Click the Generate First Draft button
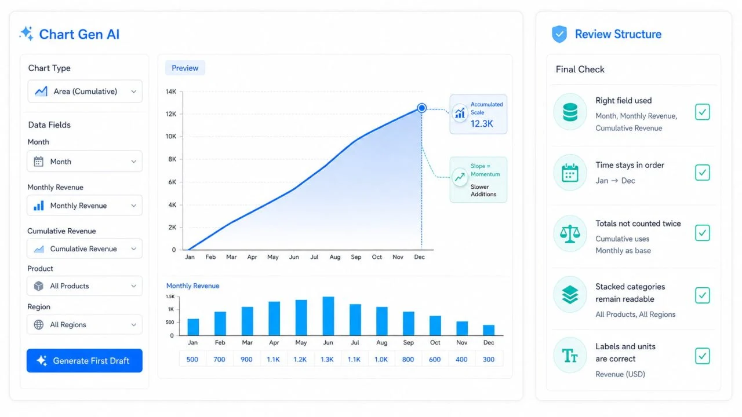tap(85, 360)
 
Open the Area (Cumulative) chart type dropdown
tap(85, 91)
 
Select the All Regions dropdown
tap(85, 324)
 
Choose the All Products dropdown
tap(85, 286)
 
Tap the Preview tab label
tap(185, 68)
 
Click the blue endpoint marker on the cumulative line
tap(421, 108)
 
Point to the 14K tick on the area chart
tap(171, 92)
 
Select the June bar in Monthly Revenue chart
tap(328, 316)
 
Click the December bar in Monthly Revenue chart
tap(489, 330)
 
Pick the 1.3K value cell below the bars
tap(327, 359)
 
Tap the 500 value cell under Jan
tap(192, 359)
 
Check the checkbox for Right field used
tap(702, 112)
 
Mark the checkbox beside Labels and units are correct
tap(702, 356)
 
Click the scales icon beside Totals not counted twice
tap(570, 233)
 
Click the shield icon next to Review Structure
tap(559, 34)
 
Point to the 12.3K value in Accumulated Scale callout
tap(482, 124)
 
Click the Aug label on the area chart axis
tap(335, 257)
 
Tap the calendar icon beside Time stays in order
tap(570, 173)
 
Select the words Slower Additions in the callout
tap(483, 191)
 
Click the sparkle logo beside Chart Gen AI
tap(27, 34)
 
